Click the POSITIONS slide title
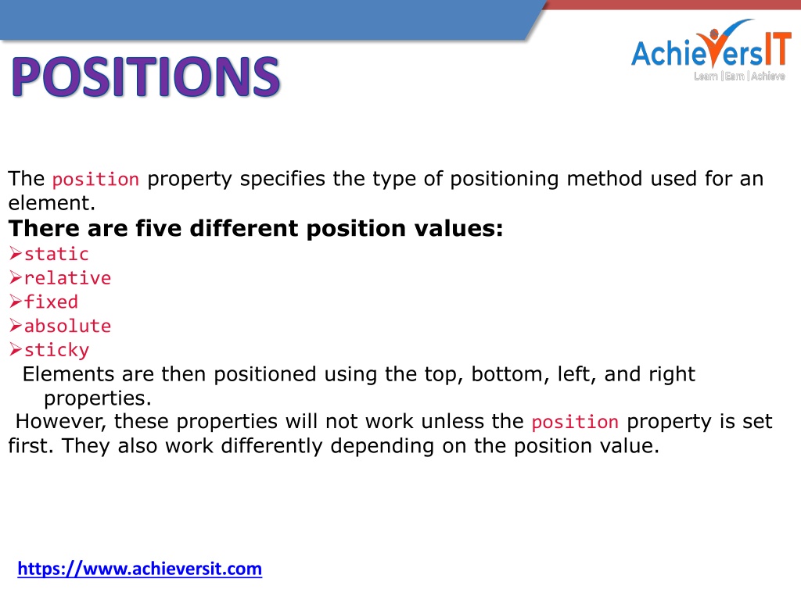coord(145,77)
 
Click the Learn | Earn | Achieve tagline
coord(739,76)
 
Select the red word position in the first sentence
coord(95,180)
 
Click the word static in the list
coord(56,254)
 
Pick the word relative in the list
coord(67,277)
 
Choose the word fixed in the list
coord(51,302)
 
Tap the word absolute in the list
coord(67,326)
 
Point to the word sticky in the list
coord(56,350)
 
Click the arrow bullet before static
coord(16,253)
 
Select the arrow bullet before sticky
coord(16,349)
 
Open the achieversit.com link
coord(140,569)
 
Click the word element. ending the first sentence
coord(52,203)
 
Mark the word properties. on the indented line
coord(98,398)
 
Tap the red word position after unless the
coord(575,423)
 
